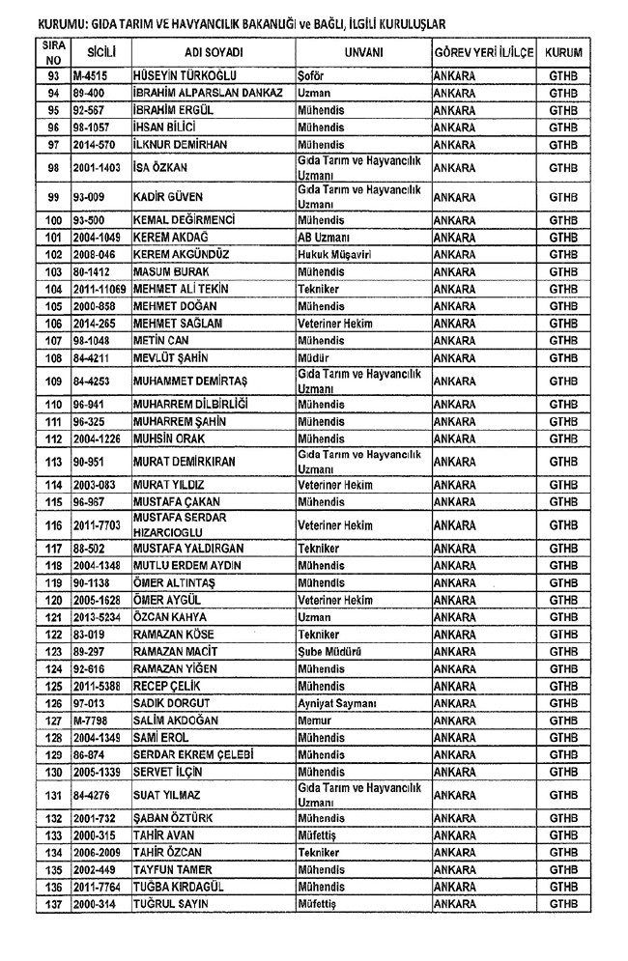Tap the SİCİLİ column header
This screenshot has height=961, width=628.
tap(101, 51)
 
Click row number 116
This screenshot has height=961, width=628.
tap(53, 524)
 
